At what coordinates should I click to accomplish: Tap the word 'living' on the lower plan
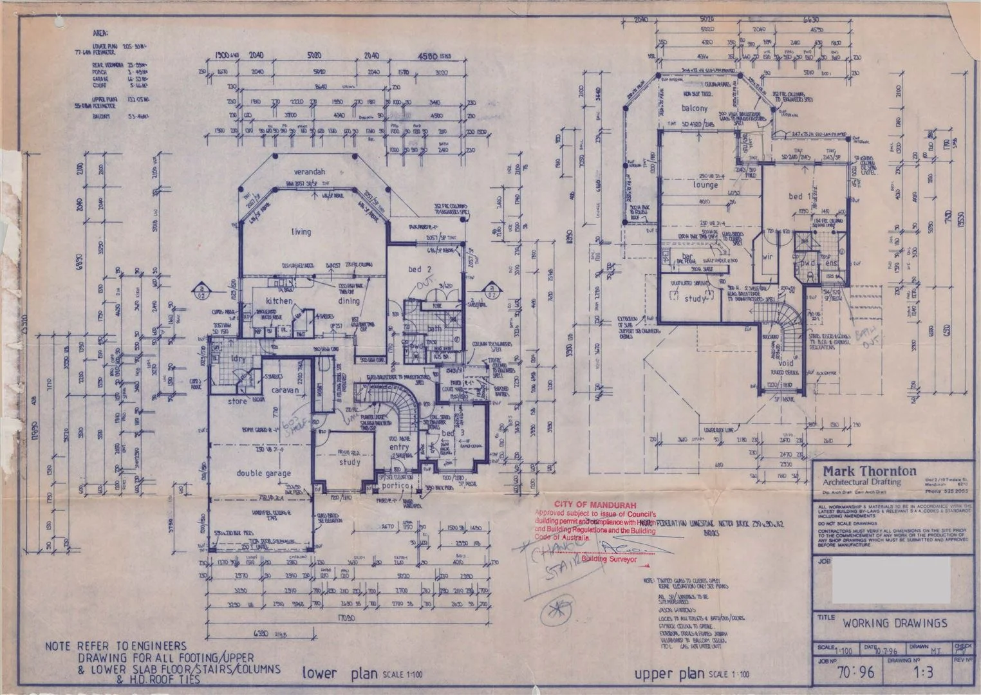coord(301,232)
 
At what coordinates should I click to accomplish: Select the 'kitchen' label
coord(277,301)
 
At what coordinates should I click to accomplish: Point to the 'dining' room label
coord(350,300)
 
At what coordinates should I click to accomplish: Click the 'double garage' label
coord(263,473)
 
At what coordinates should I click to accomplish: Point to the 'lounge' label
coord(705,185)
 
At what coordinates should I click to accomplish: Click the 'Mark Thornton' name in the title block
coord(861,470)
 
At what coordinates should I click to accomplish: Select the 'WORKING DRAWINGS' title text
coord(894,623)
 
